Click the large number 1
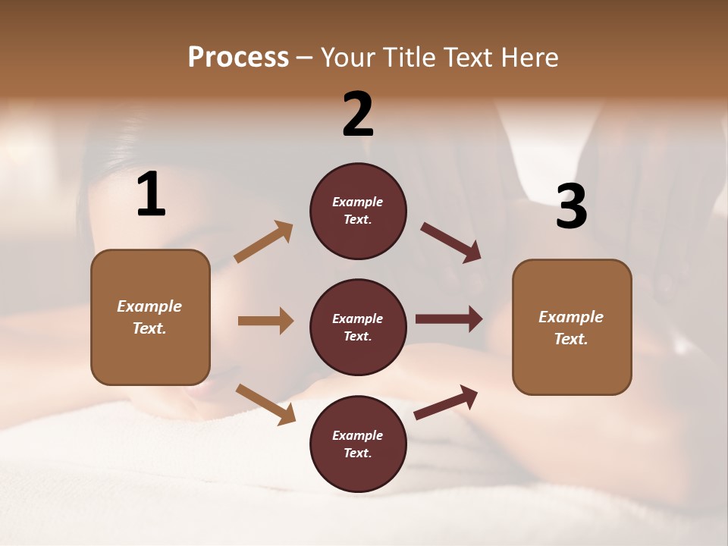pyautogui.click(x=151, y=195)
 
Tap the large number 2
pyautogui.click(x=358, y=115)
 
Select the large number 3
pyautogui.click(x=571, y=206)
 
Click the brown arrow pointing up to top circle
pyautogui.click(x=264, y=242)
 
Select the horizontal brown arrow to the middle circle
pyautogui.click(x=265, y=321)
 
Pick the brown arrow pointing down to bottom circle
pyautogui.click(x=265, y=404)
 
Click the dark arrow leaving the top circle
pyautogui.click(x=451, y=243)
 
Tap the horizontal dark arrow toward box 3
pyautogui.click(x=449, y=319)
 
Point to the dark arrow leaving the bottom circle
pyautogui.click(x=446, y=403)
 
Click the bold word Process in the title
pyautogui.click(x=238, y=57)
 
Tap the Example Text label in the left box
pyautogui.click(x=149, y=317)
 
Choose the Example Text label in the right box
pyautogui.click(x=571, y=328)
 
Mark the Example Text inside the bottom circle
pyautogui.click(x=358, y=444)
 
